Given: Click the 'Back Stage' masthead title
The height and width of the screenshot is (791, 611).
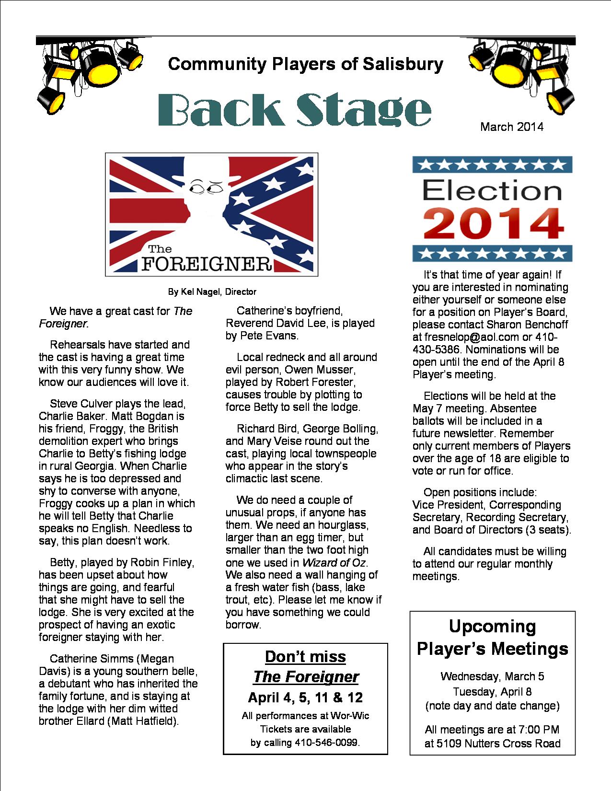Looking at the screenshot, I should [294, 110].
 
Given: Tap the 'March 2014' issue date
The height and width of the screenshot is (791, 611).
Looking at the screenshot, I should [512, 127].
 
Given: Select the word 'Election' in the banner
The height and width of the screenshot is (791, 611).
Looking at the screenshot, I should [492, 191].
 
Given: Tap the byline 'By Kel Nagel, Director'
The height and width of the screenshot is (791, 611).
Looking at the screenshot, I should [212, 291].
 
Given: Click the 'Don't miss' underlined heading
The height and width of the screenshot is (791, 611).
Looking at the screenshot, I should [305, 656].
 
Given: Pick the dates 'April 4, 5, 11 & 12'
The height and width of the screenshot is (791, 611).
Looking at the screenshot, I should [305, 698].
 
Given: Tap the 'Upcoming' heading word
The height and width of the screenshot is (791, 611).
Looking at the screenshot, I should [492, 626].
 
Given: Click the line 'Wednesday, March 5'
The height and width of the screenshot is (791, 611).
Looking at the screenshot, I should [492, 676].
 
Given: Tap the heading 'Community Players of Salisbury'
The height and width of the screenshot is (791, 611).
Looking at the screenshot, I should [305, 64].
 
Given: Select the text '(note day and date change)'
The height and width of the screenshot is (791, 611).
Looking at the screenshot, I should [492, 706].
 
